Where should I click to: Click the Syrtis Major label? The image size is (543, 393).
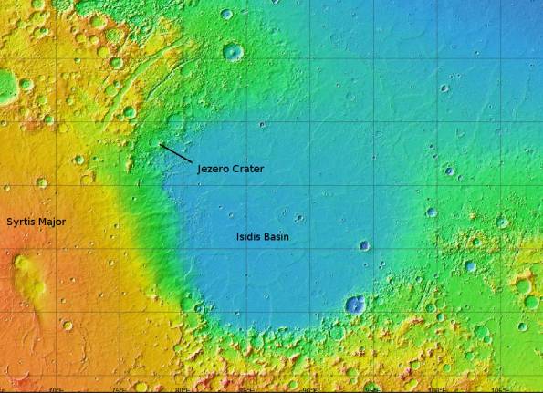[x=37, y=222]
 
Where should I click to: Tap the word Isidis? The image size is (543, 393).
[x=250, y=237]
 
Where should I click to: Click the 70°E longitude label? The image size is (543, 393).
[x=56, y=388]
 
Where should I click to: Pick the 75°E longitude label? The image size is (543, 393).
[x=119, y=388]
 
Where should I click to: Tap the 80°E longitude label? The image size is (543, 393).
[x=183, y=388]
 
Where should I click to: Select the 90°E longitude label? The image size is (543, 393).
[x=311, y=388]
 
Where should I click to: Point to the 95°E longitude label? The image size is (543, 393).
[x=375, y=388]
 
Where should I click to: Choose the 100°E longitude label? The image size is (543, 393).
[x=439, y=388]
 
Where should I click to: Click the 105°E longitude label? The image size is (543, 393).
[x=503, y=388]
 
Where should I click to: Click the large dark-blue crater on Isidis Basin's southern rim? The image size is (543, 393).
[x=355, y=304]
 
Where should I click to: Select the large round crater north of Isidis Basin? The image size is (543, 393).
[x=233, y=51]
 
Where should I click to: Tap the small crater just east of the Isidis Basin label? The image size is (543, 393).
[x=364, y=244]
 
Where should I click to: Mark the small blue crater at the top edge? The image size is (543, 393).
[x=225, y=14]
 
